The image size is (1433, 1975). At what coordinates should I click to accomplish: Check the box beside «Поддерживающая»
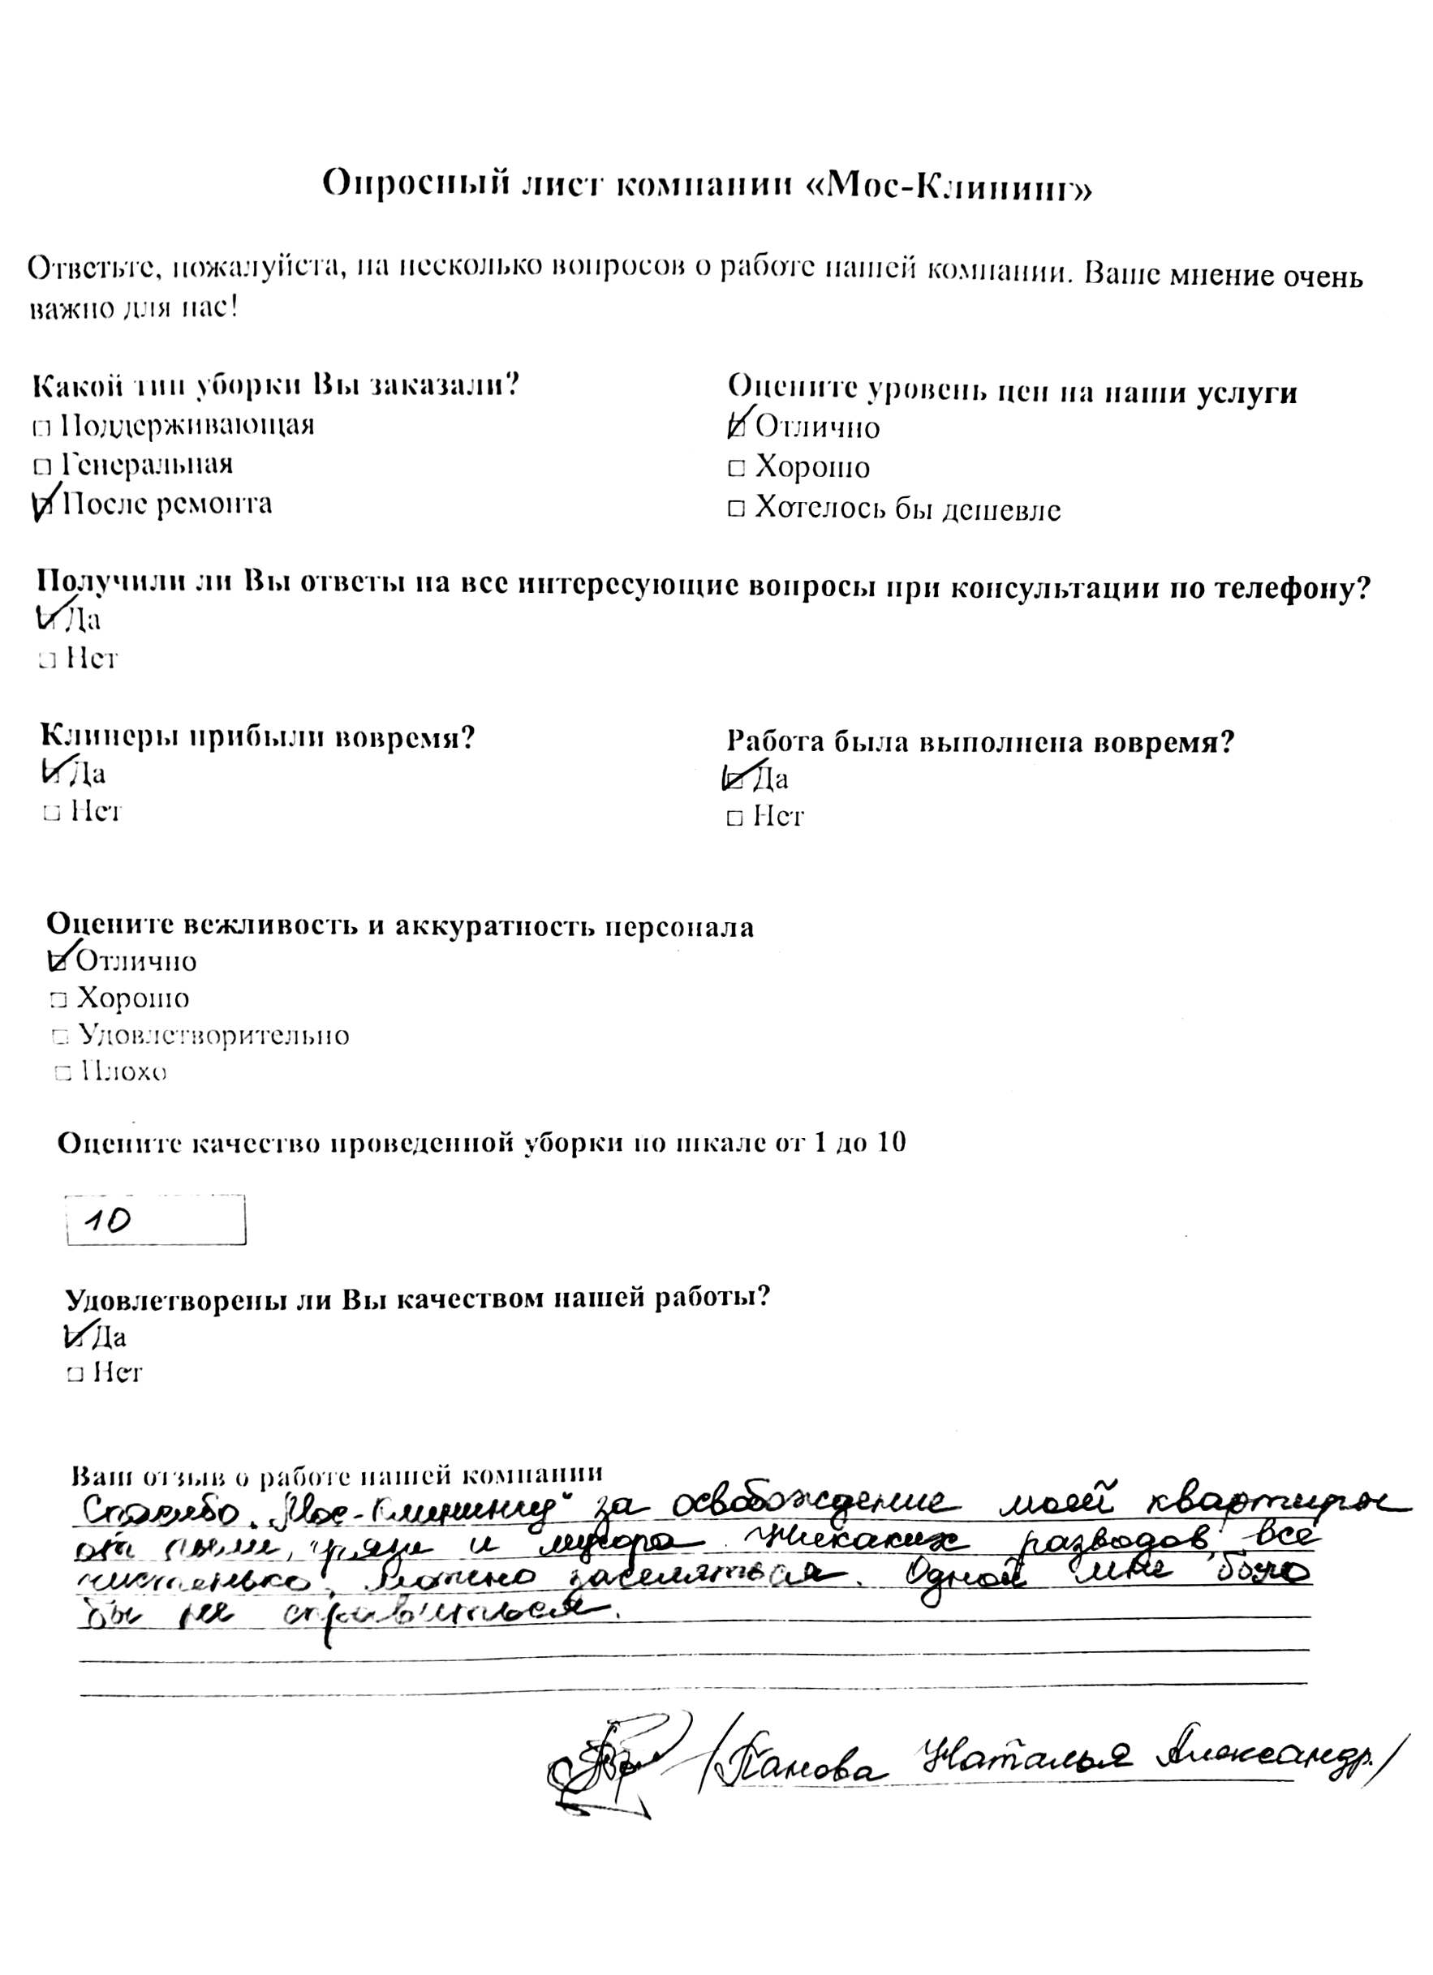point(40,427)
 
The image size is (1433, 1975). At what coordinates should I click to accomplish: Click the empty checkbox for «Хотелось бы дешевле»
point(736,509)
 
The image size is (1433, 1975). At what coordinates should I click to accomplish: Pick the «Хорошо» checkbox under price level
point(736,469)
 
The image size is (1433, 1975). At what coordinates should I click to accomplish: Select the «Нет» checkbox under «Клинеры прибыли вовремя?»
point(51,814)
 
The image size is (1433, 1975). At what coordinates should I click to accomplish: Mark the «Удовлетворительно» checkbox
point(60,1037)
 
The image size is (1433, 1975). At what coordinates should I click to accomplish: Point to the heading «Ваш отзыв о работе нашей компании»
point(336,1475)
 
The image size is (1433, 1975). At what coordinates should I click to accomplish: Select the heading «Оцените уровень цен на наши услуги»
point(1011,389)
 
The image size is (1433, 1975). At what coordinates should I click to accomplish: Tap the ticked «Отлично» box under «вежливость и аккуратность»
point(59,960)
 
